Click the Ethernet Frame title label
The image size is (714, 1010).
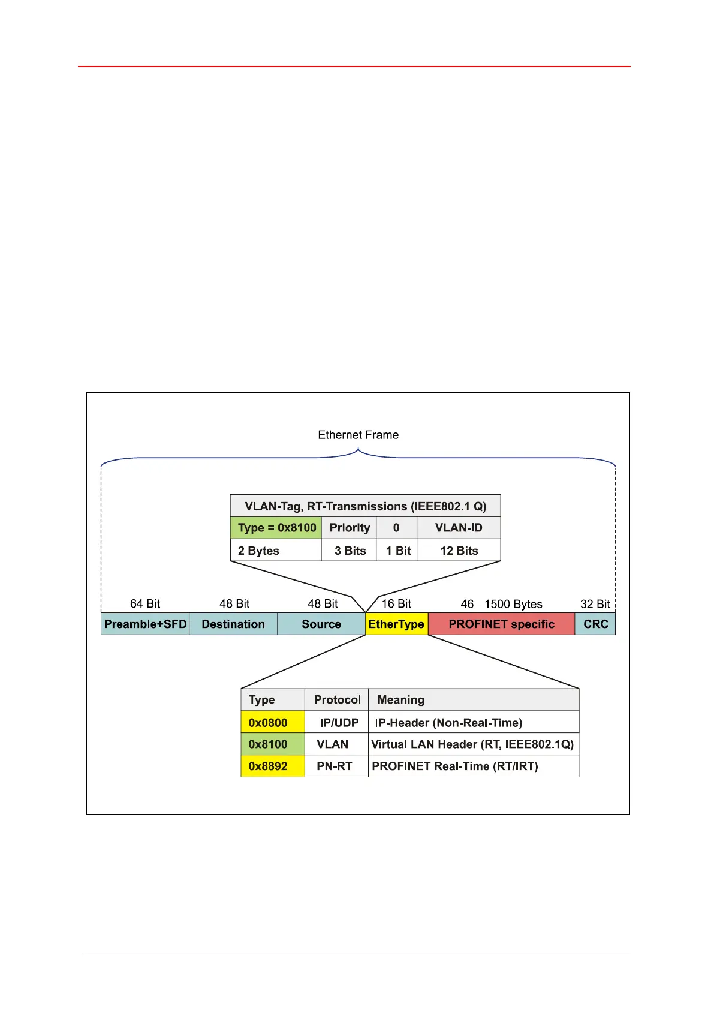[358, 435]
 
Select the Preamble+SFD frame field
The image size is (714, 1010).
[145, 624]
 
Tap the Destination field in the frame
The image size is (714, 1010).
[233, 624]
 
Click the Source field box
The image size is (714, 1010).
[321, 624]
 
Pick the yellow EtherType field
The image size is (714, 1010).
[396, 624]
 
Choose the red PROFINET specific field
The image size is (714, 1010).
[501, 624]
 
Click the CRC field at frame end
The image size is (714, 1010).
[595, 624]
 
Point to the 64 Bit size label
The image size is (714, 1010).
[145, 603]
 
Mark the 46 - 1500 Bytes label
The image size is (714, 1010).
[501, 604]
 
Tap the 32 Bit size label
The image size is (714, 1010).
[595, 604]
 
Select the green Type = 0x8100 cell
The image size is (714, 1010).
[276, 528]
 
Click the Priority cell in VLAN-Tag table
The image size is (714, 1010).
[350, 528]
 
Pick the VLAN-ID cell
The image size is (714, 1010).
[459, 528]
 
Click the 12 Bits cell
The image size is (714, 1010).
[459, 551]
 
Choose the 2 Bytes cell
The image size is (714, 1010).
[259, 551]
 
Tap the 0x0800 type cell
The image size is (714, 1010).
[268, 723]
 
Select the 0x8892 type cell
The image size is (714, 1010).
[268, 766]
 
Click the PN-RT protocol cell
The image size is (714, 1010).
[335, 766]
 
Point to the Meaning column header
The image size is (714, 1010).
[401, 699]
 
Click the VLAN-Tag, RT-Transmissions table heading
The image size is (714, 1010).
[366, 506]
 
